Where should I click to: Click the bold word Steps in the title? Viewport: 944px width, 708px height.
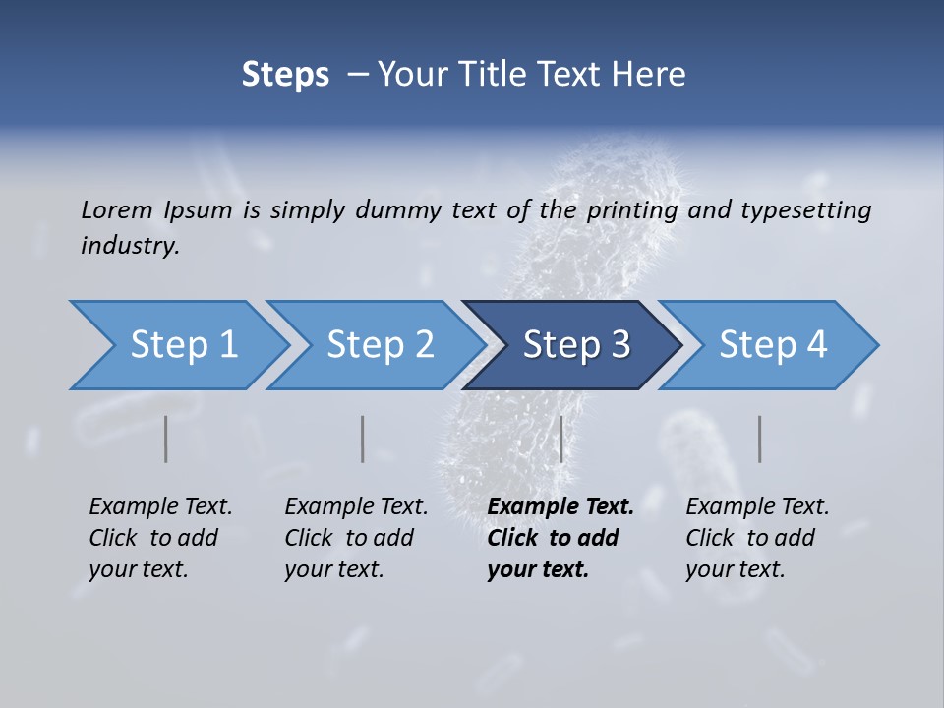tap(285, 74)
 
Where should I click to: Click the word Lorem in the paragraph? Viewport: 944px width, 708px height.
tap(117, 209)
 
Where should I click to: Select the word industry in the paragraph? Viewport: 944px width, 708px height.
tap(129, 246)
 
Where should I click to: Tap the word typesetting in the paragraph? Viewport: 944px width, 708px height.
tap(805, 209)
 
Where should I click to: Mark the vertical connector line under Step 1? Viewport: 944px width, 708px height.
tap(166, 439)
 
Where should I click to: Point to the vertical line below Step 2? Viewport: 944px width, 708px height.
tap(363, 439)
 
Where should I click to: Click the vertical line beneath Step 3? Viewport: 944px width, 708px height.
tap(560, 439)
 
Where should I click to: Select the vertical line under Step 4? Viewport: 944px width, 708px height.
tap(759, 439)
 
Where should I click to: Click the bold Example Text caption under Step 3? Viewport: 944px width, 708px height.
tap(560, 538)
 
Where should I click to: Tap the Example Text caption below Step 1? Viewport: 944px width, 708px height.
tap(160, 538)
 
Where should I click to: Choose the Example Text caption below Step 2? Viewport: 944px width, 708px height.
tap(356, 538)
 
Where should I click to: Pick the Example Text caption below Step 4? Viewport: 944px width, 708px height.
tap(757, 538)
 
